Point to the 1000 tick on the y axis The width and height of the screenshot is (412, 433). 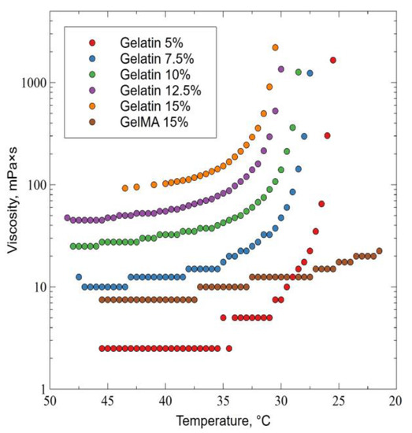click(x=32, y=83)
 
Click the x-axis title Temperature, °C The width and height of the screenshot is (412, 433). click(x=223, y=420)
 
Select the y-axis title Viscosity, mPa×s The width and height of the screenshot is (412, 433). click(x=11, y=213)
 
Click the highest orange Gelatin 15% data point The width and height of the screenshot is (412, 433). click(x=276, y=47)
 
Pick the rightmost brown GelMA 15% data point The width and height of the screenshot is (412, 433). click(x=379, y=251)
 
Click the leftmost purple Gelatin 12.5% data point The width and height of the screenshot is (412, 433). click(x=67, y=218)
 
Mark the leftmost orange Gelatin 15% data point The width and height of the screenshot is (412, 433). click(x=124, y=188)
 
